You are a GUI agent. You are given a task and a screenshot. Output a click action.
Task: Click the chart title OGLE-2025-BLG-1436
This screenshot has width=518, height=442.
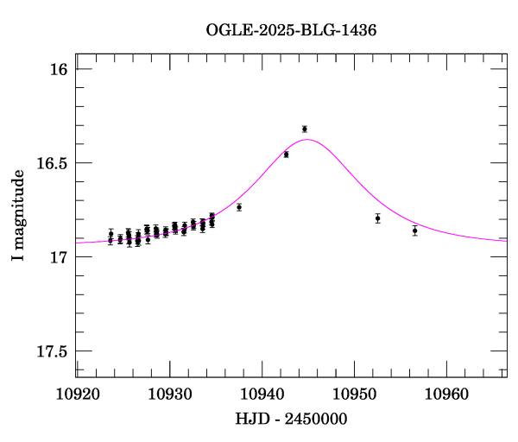coord(291,29)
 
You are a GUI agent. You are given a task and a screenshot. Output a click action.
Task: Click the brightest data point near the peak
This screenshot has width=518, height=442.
coord(305,129)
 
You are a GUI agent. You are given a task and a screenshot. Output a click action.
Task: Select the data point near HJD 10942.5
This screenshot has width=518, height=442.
coord(286,155)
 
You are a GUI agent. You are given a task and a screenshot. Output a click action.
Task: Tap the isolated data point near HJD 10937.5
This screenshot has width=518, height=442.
coord(239,207)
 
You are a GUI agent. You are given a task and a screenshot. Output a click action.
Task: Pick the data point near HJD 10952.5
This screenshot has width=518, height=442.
coord(377,218)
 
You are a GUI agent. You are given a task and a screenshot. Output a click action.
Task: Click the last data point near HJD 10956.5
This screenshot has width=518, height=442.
coord(414,230)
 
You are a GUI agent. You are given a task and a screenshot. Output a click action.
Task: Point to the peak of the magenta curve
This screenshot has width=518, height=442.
coord(307,140)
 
